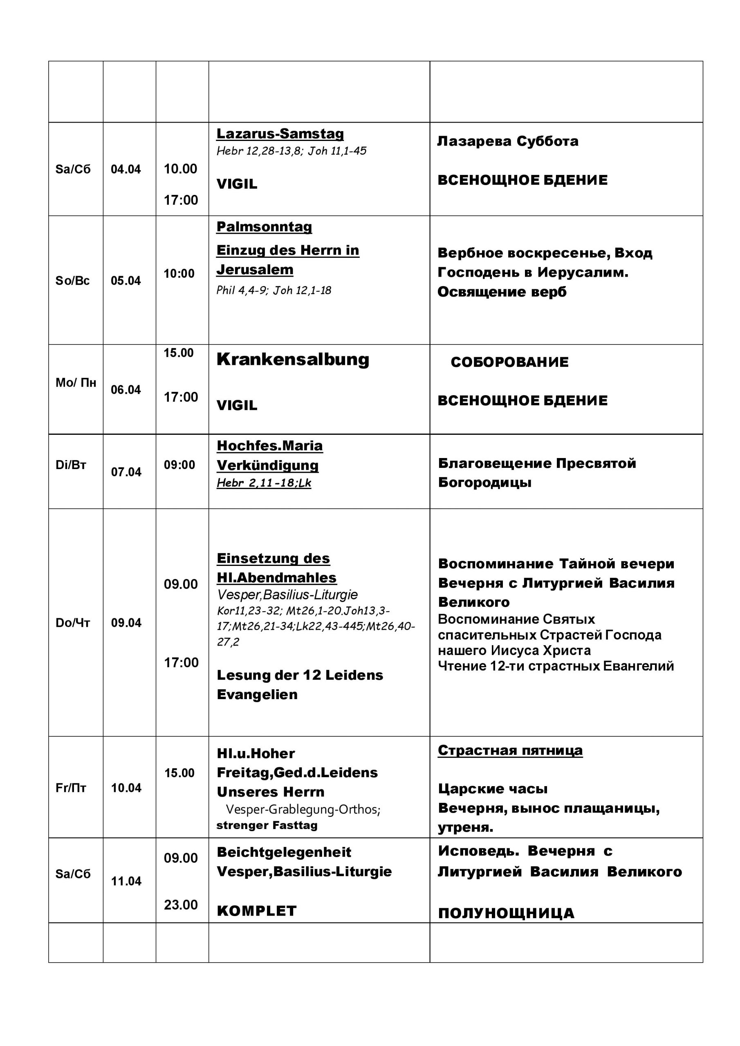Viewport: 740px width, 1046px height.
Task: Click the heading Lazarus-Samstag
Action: coord(280,134)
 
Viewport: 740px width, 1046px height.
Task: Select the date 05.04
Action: coord(126,281)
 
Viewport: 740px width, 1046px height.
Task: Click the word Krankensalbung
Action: coord(293,360)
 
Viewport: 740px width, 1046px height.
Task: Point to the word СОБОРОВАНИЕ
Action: coord(509,362)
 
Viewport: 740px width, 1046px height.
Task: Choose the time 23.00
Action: coord(181,904)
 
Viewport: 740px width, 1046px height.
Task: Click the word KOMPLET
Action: coord(257,911)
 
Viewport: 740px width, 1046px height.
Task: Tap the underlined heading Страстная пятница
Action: coord(510,750)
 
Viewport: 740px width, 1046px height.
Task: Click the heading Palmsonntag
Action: coord(264,226)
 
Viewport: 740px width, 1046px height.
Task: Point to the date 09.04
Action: coord(126,623)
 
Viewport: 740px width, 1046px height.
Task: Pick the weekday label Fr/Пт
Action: coord(71,788)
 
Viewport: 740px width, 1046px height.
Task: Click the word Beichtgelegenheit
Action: coord(284,852)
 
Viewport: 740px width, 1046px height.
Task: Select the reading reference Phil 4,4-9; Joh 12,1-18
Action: coord(274,290)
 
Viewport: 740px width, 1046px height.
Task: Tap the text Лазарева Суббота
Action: coord(507,141)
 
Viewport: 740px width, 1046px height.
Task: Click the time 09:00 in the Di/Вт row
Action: coord(179,465)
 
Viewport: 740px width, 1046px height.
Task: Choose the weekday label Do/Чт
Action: coord(73,623)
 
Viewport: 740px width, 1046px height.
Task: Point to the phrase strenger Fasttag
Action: coord(267,825)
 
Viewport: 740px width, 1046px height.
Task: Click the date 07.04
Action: coord(126,472)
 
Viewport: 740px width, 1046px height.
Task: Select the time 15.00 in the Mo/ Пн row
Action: coord(179,353)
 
